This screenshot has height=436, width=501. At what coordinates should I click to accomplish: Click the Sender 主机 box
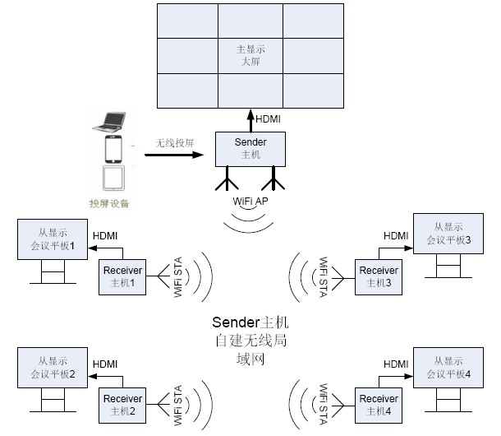pos(250,147)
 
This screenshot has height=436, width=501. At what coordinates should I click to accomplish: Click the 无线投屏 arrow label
pos(175,142)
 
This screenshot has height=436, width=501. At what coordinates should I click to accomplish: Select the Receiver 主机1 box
pos(123,276)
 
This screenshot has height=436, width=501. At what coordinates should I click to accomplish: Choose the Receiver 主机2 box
pos(123,404)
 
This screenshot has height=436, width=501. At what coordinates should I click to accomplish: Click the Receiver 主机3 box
pos(379,276)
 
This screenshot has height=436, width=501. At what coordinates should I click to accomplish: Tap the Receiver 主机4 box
pos(379,404)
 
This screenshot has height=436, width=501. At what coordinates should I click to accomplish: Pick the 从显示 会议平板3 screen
pos(448,234)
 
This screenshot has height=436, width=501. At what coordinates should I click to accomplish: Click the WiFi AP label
pos(250,202)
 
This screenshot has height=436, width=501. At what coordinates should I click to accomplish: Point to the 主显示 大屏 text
pos(250,55)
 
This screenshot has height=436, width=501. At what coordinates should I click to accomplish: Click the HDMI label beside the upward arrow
pos(267,119)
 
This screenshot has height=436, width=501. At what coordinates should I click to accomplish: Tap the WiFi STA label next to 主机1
pos(178,278)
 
